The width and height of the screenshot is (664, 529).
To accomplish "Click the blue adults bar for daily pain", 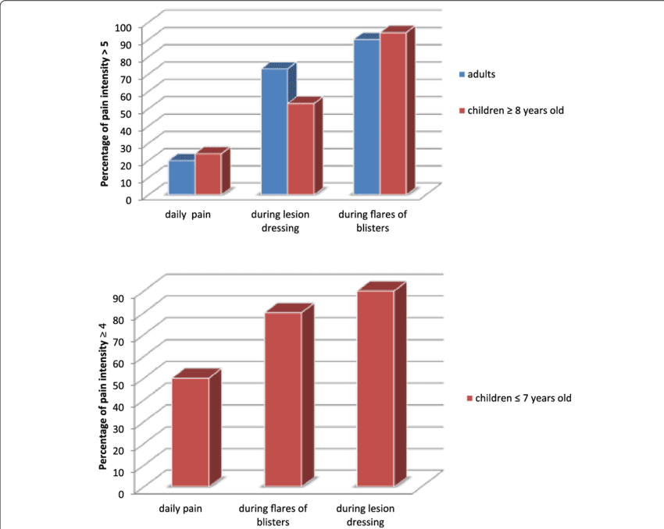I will (182, 177).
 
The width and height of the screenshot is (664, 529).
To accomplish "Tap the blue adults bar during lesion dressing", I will (274, 131).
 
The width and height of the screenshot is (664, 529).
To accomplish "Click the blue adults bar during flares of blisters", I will (366, 116).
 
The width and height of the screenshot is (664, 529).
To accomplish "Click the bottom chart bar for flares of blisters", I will (283, 399).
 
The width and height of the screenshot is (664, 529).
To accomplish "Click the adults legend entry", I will (481, 74).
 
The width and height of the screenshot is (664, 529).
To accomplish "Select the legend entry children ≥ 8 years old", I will (515, 110).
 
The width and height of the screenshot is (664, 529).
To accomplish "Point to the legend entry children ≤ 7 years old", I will (519, 398).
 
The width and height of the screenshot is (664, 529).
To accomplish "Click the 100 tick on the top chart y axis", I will (123, 27).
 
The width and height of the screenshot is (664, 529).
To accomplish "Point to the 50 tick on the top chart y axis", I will (126, 113).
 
